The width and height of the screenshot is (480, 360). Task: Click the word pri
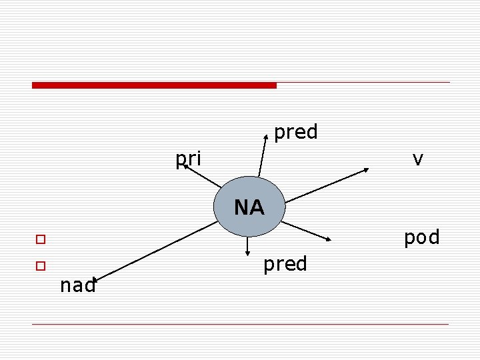click(188, 159)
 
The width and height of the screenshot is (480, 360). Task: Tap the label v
click(418, 159)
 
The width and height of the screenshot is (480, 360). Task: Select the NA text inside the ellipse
click(249, 208)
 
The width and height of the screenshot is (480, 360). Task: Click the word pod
click(421, 237)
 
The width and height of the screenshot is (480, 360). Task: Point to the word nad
click(77, 286)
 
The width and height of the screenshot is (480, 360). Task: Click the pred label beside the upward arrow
click(295, 132)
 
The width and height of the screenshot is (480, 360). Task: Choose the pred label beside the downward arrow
click(285, 264)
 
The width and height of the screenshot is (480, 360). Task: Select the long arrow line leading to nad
click(153, 250)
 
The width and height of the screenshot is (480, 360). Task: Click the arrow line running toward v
click(327, 185)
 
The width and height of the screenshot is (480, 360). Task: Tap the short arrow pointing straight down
click(247, 245)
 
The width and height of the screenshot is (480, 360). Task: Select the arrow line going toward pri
click(203, 177)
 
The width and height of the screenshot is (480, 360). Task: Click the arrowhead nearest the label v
click(366, 169)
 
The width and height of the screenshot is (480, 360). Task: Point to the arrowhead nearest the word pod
click(329, 238)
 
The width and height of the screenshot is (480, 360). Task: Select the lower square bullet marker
click(41, 265)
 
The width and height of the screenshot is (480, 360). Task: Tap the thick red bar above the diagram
click(154, 85)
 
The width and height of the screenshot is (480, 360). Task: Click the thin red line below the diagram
click(240, 325)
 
